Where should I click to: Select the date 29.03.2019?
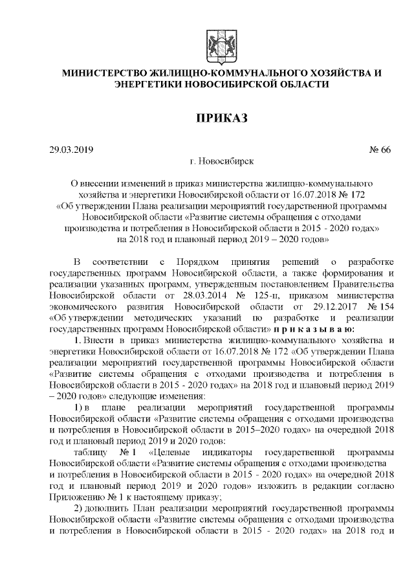coord(72,150)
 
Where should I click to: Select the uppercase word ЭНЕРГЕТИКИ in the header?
coord(148,84)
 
